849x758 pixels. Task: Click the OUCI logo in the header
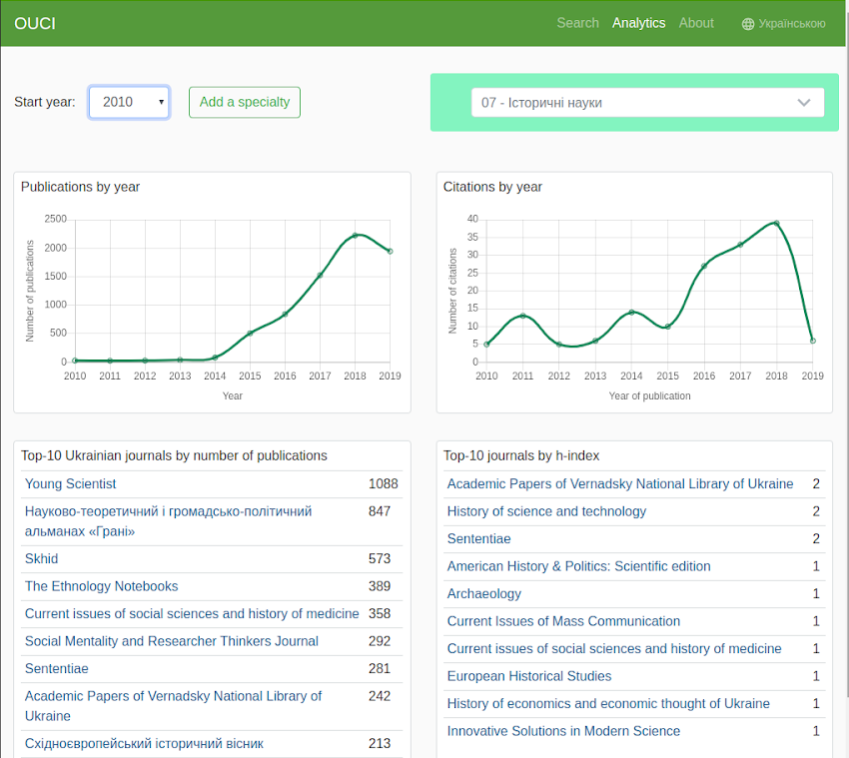click(x=35, y=23)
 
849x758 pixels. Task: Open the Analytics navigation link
click(x=638, y=23)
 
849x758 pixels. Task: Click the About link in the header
click(x=696, y=23)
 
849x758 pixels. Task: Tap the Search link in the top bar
click(x=577, y=23)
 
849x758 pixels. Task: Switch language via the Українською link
click(x=784, y=24)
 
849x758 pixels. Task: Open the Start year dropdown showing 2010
click(x=129, y=102)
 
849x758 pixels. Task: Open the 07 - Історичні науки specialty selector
click(x=647, y=102)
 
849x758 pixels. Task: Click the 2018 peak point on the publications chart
click(x=355, y=236)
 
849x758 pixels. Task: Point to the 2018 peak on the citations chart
click(x=776, y=223)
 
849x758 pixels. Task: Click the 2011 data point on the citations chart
click(x=522, y=316)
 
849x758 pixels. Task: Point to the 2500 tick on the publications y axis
click(x=56, y=219)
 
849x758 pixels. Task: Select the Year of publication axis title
click(x=649, y=395)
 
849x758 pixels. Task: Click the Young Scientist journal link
click(x=71, y=484)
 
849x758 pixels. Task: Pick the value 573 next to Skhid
click(x=379, y=559)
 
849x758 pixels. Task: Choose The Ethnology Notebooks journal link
click(x=101, y=586)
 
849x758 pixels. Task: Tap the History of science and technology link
click(x=546, y=511)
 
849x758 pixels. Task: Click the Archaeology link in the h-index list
click(x=484, y=594)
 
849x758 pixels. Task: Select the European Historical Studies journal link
click(x=528, y=676)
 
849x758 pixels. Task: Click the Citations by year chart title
click(x=492, y=187)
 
